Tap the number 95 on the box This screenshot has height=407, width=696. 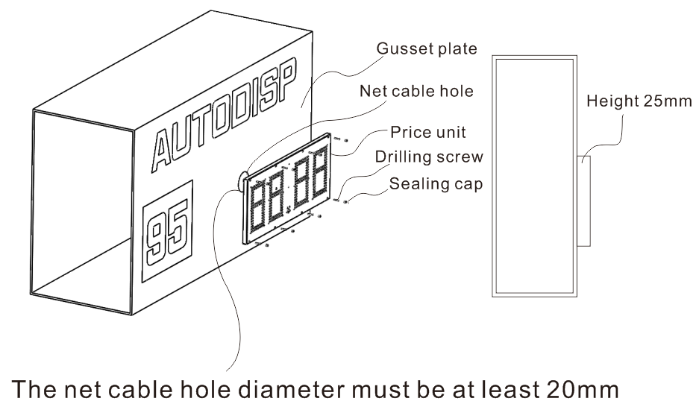pyautogui.click(x=167, y=227)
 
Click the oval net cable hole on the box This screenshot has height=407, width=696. pyautogui.click(x=242, y=180)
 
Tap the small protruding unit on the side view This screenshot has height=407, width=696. pyautogui.click(x=584, y=201)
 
